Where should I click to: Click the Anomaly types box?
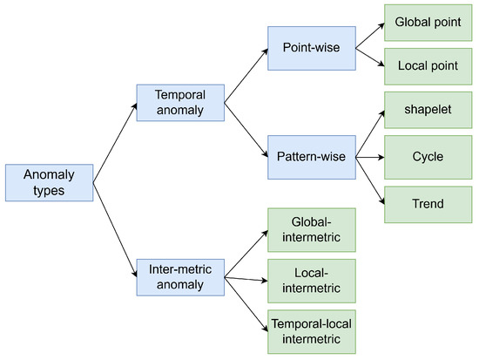(48, 182)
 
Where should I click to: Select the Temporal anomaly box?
(180, 104)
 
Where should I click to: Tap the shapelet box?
(428, 112)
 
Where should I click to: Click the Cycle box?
(428, 157)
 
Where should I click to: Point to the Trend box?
(428, 203)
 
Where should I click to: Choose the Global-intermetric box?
(312, 229)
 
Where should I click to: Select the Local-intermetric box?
(312, 279)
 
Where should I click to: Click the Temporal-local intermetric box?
(312, 328)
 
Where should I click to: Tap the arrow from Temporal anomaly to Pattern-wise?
(246, 130)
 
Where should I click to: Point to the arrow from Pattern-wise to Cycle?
(369, 157)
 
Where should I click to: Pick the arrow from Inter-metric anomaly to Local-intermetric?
(246, 279)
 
